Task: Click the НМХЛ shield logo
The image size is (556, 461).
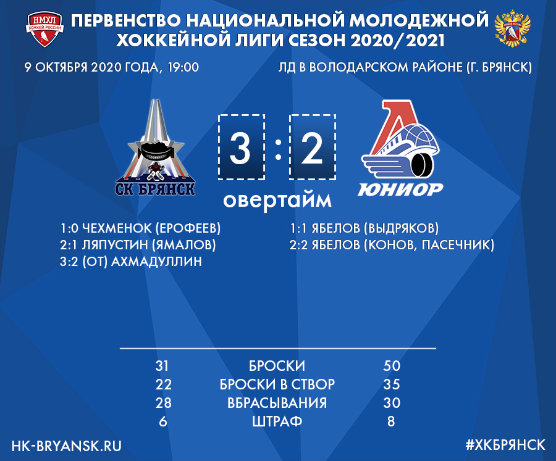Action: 44,30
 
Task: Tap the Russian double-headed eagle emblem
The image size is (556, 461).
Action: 512,29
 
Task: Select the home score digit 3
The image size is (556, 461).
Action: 240,148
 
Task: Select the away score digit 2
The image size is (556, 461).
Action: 312,148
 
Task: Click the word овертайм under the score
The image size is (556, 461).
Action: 277,200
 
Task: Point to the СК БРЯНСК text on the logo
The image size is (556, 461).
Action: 155,188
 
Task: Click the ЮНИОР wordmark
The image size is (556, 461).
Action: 400,189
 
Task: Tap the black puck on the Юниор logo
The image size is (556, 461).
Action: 421,164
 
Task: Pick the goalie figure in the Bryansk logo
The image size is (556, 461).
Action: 155,172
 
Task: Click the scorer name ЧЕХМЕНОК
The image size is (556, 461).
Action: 117,228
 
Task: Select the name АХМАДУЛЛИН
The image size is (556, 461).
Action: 156,262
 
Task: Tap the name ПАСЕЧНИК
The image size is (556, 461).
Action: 456,245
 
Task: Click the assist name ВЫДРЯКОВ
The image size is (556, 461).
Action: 402,228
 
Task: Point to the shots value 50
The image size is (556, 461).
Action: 392,366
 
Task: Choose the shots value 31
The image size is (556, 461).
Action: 162,366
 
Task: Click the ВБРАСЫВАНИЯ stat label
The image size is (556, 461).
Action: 277,403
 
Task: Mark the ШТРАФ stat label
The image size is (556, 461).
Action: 277,422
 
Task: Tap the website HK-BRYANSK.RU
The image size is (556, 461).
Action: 66,446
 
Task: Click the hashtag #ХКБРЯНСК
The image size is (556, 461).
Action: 505,445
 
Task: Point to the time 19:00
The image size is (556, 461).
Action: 183,67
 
